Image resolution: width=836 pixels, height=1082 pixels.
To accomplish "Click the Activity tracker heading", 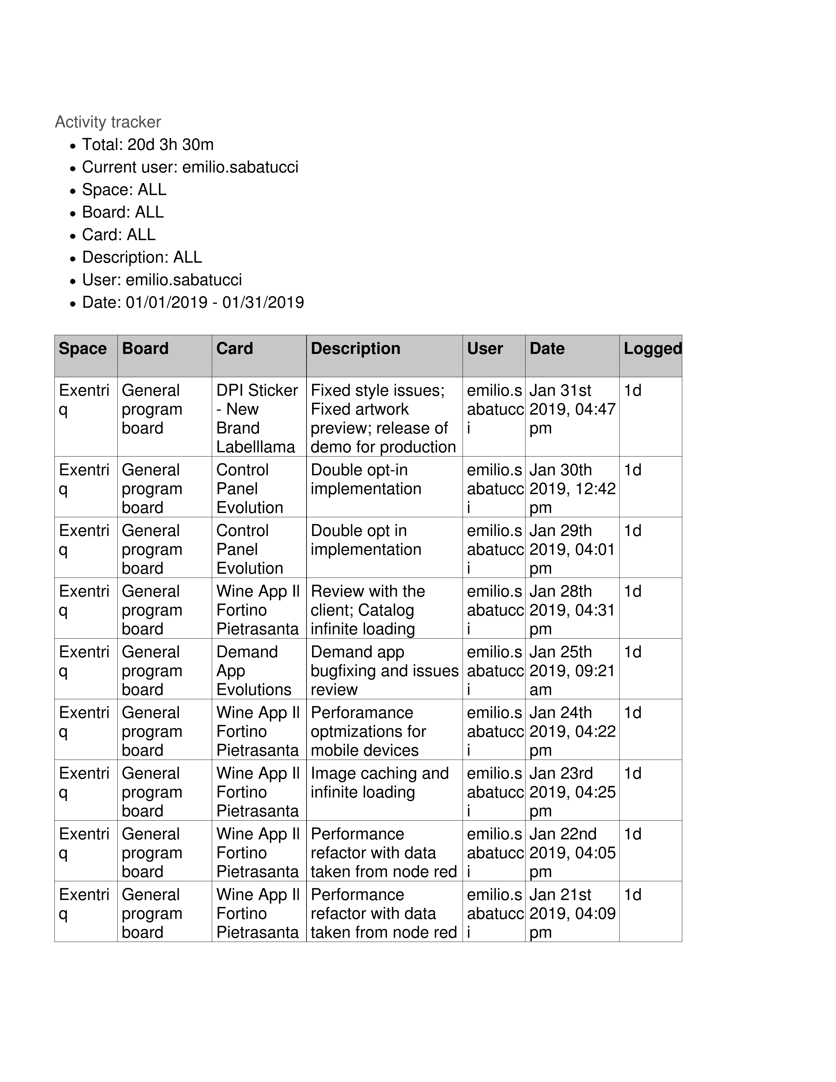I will click(x=108, y=122).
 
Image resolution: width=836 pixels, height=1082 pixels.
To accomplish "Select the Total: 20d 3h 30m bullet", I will click(x=148, y=145).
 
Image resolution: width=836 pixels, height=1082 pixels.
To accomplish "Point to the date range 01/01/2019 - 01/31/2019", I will click(x=214, y=302).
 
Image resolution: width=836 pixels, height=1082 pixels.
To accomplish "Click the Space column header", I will click(x=83, y=349).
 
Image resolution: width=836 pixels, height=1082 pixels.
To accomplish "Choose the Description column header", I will click(x=355, y=349).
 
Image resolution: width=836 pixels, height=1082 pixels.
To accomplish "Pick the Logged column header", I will click(x=652, y=349).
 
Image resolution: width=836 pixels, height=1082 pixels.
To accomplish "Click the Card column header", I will click(x=234, y=349).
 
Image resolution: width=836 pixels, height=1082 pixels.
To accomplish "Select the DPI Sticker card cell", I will click(x=257, y=419).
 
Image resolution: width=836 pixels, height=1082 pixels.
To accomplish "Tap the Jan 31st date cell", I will click(x=572, y=409).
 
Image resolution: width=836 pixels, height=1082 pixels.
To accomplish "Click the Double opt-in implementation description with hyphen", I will click(x=366, y=479).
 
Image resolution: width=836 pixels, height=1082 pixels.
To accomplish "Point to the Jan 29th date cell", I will click(x=572, y=549).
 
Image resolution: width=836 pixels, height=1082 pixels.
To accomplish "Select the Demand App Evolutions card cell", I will click(x=253, y=670).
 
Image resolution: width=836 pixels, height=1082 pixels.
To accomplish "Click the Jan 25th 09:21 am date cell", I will click(x=572, y=670).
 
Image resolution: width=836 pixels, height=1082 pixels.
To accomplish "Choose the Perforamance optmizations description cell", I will click(x=368, y=731).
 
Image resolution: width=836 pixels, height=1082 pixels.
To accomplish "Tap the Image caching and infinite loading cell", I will click(x=379, y=783).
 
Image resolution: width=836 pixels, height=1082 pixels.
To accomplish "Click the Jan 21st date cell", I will click(x=572, y=913).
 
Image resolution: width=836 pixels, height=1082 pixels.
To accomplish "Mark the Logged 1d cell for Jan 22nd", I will click(x=632, y=834).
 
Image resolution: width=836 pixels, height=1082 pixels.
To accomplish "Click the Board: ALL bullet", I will click(x=122, y=213).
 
